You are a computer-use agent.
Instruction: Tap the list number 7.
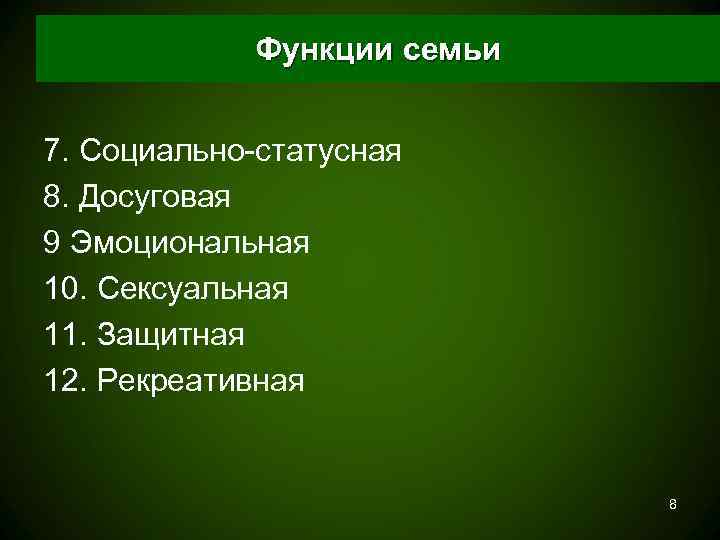[x=56, y=151]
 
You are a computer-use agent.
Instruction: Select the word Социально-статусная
[x=241, y=151]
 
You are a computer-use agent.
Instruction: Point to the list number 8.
[x=56, y=197]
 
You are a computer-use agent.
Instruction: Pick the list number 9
[x=53, y=243]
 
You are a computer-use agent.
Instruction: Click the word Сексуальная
[x=193, y=289]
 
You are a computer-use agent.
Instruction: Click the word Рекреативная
[x=200, y=381]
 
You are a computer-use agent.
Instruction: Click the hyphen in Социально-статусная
[x=254, y=153]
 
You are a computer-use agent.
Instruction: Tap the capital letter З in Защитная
[x=107, y=335]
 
